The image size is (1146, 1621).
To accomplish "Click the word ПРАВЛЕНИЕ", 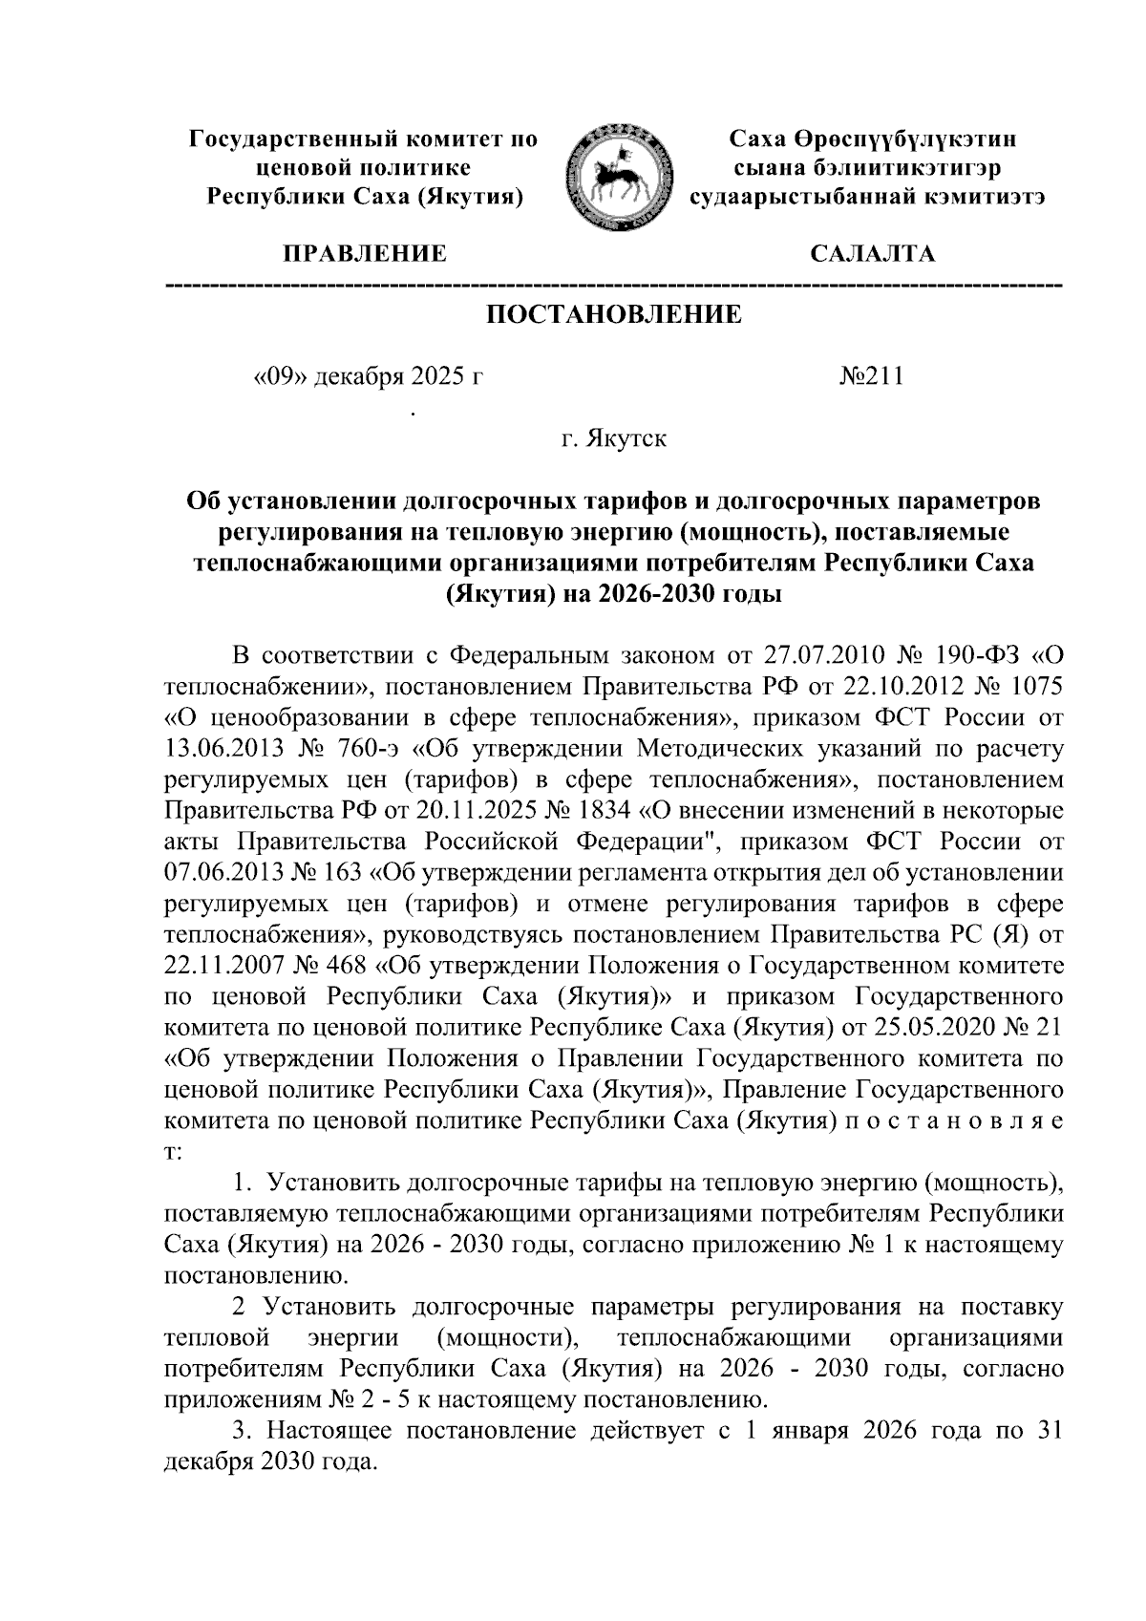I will coord(365,254).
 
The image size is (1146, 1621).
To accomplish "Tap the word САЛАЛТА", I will coord(871,254).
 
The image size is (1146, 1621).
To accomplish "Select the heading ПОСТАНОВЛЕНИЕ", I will coord(614,315).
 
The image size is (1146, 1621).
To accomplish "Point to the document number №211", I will coord(870,376).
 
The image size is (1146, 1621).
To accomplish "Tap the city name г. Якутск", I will coord(614,439).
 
